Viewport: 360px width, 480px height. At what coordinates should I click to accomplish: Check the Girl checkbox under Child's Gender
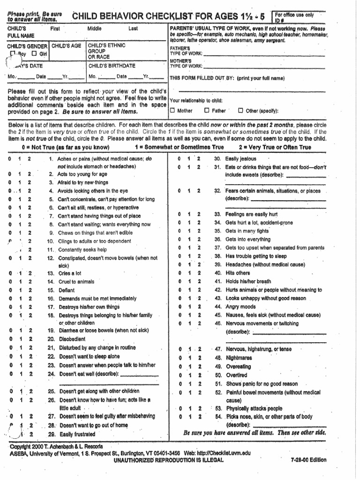click(34, 54)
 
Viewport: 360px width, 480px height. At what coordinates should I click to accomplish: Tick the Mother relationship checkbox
click(172, 111)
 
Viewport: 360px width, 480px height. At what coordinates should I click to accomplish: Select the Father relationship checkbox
click(207, 111)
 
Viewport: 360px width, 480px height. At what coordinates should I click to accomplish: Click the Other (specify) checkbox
click(240, 111)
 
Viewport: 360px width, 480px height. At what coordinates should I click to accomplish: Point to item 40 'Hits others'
click(237, 273)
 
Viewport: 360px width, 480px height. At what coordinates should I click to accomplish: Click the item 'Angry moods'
click(240, 307)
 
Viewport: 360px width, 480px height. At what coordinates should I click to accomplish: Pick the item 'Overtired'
click(238, 375)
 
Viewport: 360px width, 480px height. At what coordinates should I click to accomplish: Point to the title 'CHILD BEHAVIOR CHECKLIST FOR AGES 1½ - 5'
click(168, 17)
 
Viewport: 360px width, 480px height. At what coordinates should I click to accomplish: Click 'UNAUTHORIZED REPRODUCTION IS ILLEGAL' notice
click(169, 460)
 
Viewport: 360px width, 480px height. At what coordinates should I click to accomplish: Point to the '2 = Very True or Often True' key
click(275, 147)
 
